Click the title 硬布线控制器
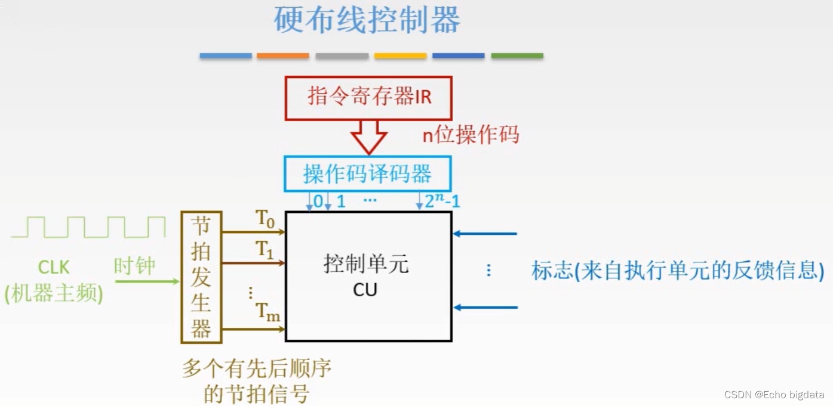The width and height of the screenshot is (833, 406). click(x=367, y=21)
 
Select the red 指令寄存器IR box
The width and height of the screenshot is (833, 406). click(x=369, y=97)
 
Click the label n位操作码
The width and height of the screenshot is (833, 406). click(x=471, y=135)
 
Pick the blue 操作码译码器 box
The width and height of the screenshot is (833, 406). click(x=367, y=174)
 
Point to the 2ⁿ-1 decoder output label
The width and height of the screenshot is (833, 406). click(x=442, y=202)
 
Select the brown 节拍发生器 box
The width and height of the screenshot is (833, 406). click(x=201, y=277)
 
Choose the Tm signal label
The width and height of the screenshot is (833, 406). click(x=268, y=312)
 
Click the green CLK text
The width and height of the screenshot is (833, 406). click(x=54, y=266)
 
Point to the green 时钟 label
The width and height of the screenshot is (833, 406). click(x=134, y=266)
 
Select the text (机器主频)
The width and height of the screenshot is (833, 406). click(x=54, y=294)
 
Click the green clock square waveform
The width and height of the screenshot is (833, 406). click(x=88, y=228)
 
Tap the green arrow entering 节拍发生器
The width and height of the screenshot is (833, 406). click(x=147, y=281)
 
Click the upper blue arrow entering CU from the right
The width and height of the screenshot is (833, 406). click(x=484, y=234)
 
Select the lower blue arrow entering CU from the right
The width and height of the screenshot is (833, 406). click(x=484, y=308)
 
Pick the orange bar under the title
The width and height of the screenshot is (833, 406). click(x=283, y=56)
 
